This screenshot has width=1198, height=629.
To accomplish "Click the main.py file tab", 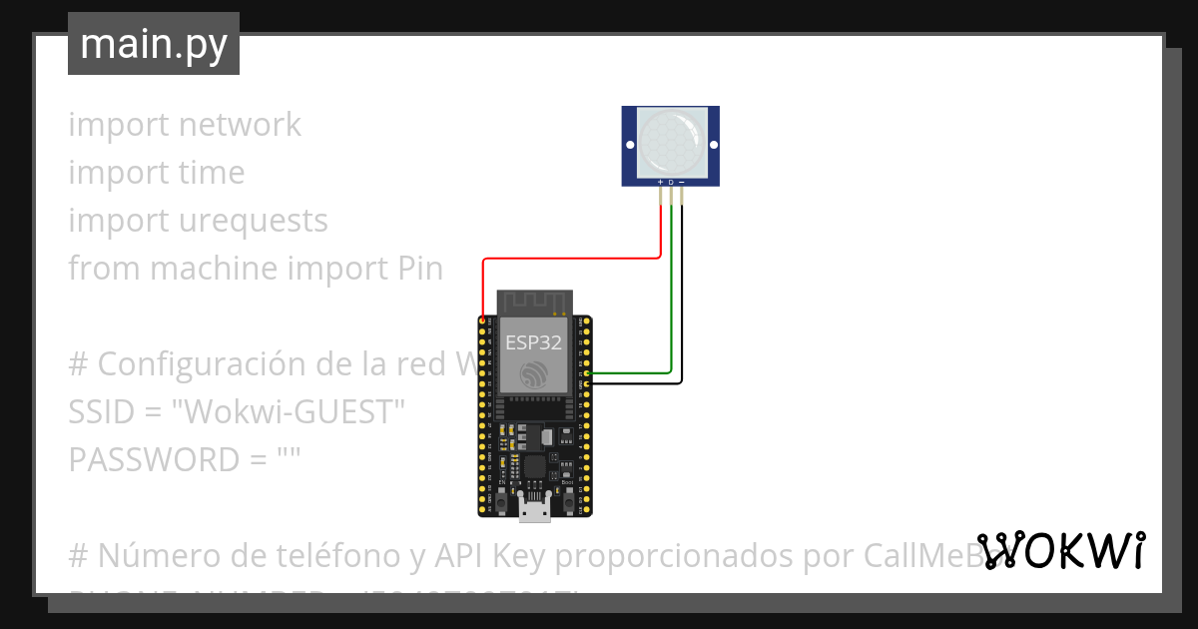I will [153, 44].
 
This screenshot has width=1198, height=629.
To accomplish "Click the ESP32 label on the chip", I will [532, 343].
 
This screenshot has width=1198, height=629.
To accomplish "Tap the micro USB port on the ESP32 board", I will [534, 511].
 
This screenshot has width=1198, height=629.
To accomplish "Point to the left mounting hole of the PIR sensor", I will [630, 146].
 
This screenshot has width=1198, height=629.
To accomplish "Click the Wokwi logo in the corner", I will [1060, 550].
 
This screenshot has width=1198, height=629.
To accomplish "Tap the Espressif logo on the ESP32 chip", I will [533, 375].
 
